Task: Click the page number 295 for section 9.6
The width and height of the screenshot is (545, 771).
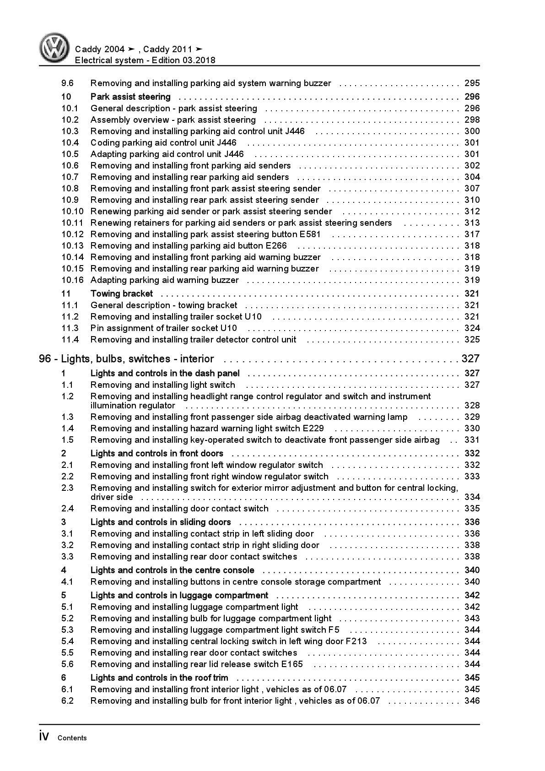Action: click(x=472, y=83)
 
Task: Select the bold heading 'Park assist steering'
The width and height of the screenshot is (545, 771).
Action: click(x=130, y=97)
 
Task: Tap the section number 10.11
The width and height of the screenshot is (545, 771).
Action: click(x=72, y=223)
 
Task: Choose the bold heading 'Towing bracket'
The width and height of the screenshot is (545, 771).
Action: click(x=122, y=293)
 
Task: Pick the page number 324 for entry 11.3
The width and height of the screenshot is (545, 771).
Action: click(x=472, y=328)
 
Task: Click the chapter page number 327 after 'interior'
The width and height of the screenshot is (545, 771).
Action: click(x=470, y=359)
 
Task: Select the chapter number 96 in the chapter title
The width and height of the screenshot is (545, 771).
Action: click(x=45, y=359)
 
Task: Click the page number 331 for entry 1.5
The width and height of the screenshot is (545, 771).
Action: click(x=472, y=440)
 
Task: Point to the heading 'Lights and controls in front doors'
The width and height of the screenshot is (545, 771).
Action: click(x=156, y=453)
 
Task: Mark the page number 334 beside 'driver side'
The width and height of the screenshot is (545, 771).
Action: click(x=472, y=497)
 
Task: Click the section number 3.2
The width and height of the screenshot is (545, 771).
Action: click(x=67, y=545)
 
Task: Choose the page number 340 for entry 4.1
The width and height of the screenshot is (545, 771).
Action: click(x=472, y=582)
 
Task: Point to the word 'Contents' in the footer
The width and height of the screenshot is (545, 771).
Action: click(x=72, y=738)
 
